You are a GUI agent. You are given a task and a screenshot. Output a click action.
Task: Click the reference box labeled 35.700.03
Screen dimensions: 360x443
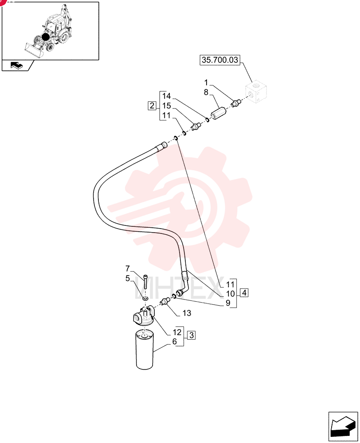pyautogui.click(x=219, y=60)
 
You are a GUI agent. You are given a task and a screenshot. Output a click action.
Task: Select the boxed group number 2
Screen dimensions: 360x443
pyautogui.click(x=152, y=106)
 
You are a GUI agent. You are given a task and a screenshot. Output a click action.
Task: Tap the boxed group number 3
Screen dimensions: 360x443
pyautogui.click(x=192, y=335)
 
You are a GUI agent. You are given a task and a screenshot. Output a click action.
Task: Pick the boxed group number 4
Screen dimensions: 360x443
pyautogui.click(x=244, y=293)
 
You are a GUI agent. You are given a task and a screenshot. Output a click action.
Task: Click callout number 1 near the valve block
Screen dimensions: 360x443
pyautogui.click(x=206, y=82)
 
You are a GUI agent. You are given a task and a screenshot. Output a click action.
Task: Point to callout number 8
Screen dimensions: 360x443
pyautogui.click(x=206, y=92)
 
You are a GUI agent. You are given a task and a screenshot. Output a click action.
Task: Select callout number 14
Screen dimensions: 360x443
pyautogui.click(x=167, y=96)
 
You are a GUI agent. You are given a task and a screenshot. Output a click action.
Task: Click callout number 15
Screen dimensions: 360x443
pyautogui.click(x=167, y=106)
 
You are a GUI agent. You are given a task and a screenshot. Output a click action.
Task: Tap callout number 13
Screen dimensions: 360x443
pyautogui.click(x=187, y=313)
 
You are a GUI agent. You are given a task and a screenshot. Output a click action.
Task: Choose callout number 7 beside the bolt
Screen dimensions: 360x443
pyautogui.click(x=128, y=268)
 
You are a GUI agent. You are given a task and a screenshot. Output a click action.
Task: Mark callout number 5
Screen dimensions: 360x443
pyautogui.click(x=128, y=278)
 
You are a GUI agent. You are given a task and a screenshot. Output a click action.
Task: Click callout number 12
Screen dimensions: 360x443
pyautogui.click(x=177, y=332)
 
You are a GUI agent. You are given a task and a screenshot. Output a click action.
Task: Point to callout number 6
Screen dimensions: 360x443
pyautogui.click(x=175, y=342)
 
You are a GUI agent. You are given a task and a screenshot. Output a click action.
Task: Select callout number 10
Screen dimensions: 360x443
pyautogui.click(x=230, y=294)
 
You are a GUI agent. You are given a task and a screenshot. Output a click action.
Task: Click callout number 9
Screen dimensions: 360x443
pyautogui.click(x=228, y=303)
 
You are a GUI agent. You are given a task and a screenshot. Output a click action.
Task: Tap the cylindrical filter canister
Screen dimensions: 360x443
pyautogui.click(x=145, y=350)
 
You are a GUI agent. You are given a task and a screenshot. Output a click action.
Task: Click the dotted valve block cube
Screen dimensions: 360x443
pyautogui.click(x=256, y=92)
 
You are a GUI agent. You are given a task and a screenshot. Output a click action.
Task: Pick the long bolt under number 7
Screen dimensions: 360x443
pyautogui.click(x=145, y=281)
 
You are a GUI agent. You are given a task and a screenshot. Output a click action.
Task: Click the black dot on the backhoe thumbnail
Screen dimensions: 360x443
pyautogui.click(x=45, y=37)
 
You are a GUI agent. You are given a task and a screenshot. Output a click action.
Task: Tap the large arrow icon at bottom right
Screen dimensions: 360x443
pyautogui.click(x=343, y=427)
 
